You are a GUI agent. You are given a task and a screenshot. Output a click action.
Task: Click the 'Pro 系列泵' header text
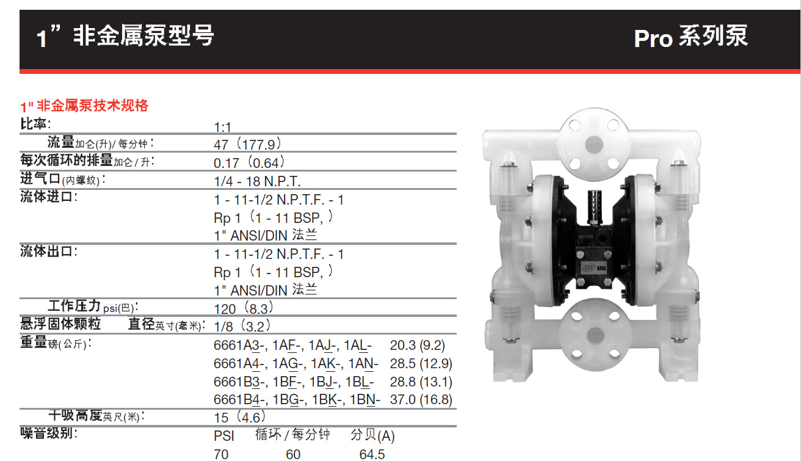690,38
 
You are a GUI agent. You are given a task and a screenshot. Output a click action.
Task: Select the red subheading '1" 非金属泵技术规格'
84,106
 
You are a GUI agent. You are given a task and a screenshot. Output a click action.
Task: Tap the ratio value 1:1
223,128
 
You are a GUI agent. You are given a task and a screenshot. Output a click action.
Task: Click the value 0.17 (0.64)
249,163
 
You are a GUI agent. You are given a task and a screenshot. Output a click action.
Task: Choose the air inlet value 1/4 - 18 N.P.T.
257,181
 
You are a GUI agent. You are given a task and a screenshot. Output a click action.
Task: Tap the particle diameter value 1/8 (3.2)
242,326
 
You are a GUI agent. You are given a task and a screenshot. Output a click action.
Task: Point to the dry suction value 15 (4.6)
239,418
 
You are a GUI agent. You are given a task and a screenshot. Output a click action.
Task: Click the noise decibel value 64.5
372,454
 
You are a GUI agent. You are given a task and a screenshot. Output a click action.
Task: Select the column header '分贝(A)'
372,436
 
